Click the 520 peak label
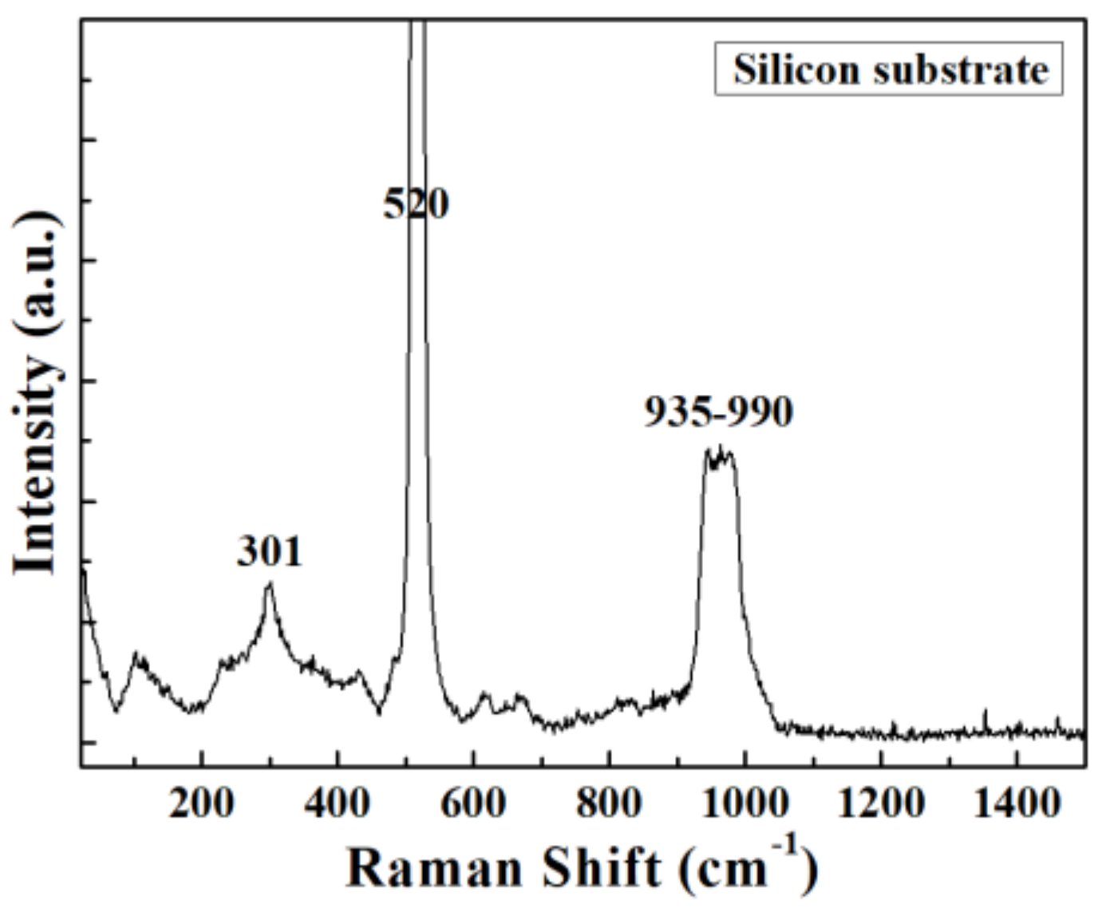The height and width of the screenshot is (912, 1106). [416, 204]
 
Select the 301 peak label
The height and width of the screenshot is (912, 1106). [270, 551]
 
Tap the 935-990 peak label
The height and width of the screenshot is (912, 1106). [718, 412]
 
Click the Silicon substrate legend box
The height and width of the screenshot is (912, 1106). [888, 69]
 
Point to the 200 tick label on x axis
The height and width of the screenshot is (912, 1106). [202, 803]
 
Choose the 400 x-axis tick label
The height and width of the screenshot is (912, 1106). [338, 803]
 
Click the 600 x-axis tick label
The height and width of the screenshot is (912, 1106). [473, 803]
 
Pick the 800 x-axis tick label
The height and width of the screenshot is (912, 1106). [609, 803]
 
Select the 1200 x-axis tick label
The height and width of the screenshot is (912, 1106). [880, 803]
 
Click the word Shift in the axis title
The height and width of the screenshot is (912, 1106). [601, 867]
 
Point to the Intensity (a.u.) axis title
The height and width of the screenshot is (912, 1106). [36, 391]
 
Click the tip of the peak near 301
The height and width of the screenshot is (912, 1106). [270, 585]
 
